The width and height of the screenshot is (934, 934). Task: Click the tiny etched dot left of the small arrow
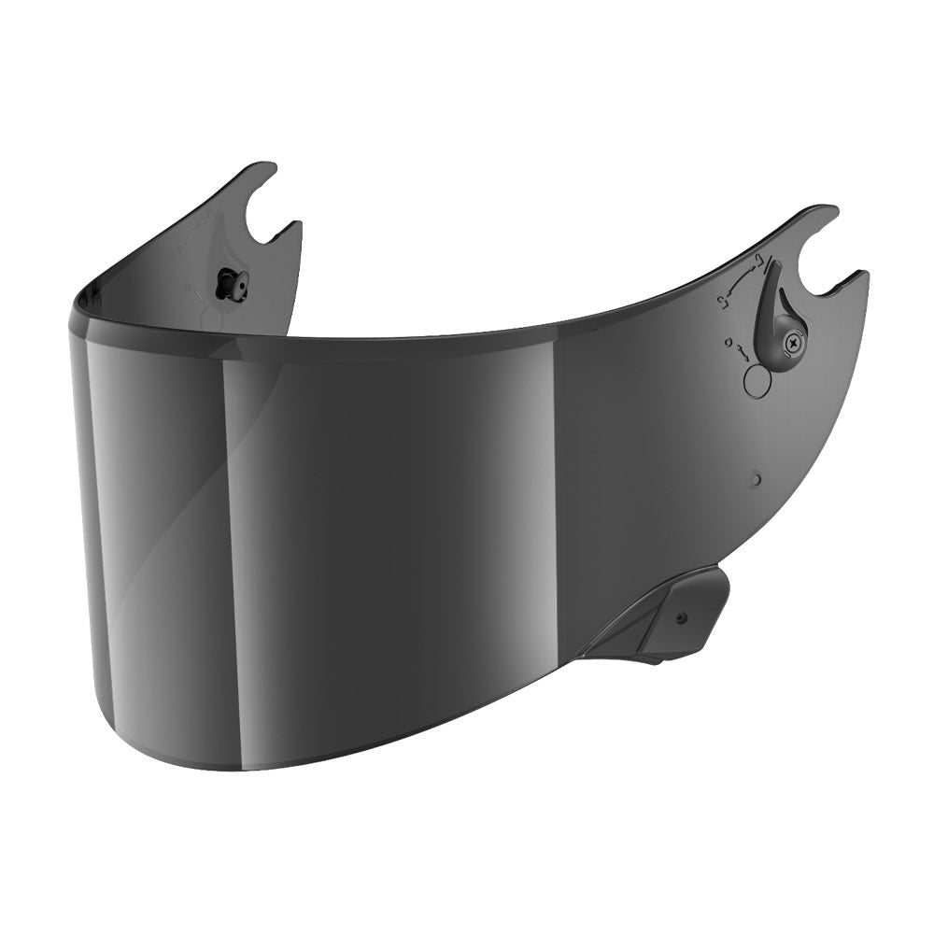click(x=726, y=343)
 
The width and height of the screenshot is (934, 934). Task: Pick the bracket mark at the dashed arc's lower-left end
click(x=721, y=302)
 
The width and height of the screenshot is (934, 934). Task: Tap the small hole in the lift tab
click(x=680, y=617)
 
